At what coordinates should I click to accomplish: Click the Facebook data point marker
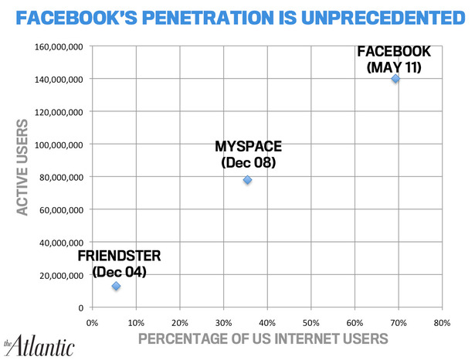pyautogui.click(x=395, y=78)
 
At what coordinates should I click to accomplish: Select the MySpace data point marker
pyautogui.click(x=247, y=180)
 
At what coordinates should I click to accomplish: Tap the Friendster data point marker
pyautogui.click(x=116, y=286)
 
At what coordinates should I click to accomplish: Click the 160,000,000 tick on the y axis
pyautogui.click(x=59, y=46)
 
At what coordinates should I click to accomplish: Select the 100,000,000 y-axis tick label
pyautogui.click(x=59, y=144)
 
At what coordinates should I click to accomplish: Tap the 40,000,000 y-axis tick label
pyautogui.click(x=61, y=243)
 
